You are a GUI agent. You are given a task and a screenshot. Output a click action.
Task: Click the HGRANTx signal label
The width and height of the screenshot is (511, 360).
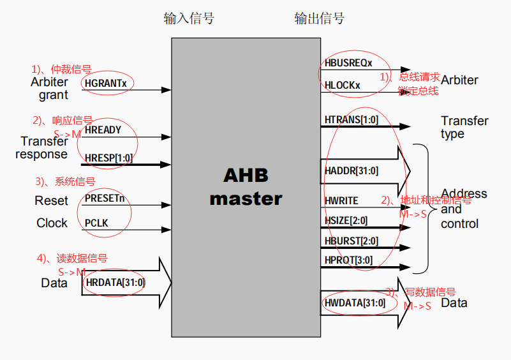coord(106,83)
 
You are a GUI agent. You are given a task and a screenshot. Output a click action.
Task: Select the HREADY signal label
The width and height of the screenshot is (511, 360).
coord(103,130)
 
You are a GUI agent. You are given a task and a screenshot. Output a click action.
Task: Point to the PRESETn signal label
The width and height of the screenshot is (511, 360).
coord(105,199)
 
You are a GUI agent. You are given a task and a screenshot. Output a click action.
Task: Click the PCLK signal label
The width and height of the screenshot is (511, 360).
coord(98,222)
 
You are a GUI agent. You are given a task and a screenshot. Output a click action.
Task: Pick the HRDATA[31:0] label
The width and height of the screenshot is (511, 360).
coord(115,282)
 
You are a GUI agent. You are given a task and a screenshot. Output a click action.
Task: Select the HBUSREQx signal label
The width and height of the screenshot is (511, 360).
coord(348,63)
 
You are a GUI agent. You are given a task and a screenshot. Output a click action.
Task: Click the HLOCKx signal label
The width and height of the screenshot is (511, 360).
coord(343,85)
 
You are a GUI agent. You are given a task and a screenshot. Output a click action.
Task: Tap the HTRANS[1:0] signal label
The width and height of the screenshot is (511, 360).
coord(352,120)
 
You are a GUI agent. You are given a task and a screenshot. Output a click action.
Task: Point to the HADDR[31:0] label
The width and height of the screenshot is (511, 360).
coord(352,170)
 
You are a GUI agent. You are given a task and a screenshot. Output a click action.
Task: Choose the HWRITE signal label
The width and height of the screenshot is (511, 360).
coord(342,200)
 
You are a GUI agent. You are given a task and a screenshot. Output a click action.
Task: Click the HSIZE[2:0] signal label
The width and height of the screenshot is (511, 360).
coord(346,221)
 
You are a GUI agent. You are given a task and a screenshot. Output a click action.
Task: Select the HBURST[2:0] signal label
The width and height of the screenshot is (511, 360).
coord(352,241)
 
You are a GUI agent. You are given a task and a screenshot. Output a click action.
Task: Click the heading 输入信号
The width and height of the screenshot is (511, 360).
coord(189,18)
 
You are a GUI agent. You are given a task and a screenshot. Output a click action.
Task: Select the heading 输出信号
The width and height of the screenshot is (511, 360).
coord(319,18)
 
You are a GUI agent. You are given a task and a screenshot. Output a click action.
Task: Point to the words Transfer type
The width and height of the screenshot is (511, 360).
coord(464,127)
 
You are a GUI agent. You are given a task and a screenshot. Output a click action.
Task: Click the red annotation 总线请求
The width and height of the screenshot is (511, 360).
coord(420,77)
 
